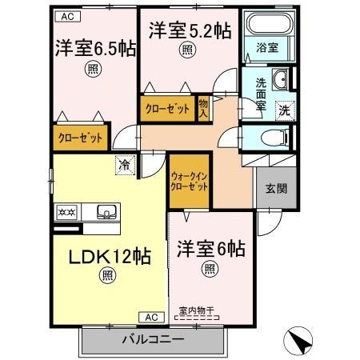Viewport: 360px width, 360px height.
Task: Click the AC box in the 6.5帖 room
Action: [x=68, y=17]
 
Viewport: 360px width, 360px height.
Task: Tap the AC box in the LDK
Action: [x=152, y=317]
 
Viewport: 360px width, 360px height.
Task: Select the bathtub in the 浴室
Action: [x=270, y=23]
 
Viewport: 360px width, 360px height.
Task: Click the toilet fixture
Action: [x=274, y=138]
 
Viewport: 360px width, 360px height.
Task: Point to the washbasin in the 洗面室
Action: [x=280, y=79]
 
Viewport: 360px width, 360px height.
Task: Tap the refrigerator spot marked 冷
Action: [x=125, y=165]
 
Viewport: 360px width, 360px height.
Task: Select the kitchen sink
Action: [x=106, y=211]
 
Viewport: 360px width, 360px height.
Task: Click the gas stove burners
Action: [x=67, y=212]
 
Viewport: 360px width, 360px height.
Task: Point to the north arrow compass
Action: [x=298, y=341]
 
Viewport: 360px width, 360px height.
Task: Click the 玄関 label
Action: [x=276, y=189]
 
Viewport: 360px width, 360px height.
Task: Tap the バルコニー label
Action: [x=153, y=339]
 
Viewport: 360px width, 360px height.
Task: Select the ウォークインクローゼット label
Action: [x=189, y=182]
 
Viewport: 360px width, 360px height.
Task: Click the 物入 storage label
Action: [x=203, y=109]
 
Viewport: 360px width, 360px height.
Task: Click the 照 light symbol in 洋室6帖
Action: [x=210, y=269]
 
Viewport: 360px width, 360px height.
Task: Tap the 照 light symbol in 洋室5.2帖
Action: [x=187, y=50]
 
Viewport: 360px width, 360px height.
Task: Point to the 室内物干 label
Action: [x=197, y=310]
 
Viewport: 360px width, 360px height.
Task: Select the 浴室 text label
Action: [x=267, y=47]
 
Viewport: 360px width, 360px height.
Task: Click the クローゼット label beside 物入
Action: [x=167, y=109]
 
